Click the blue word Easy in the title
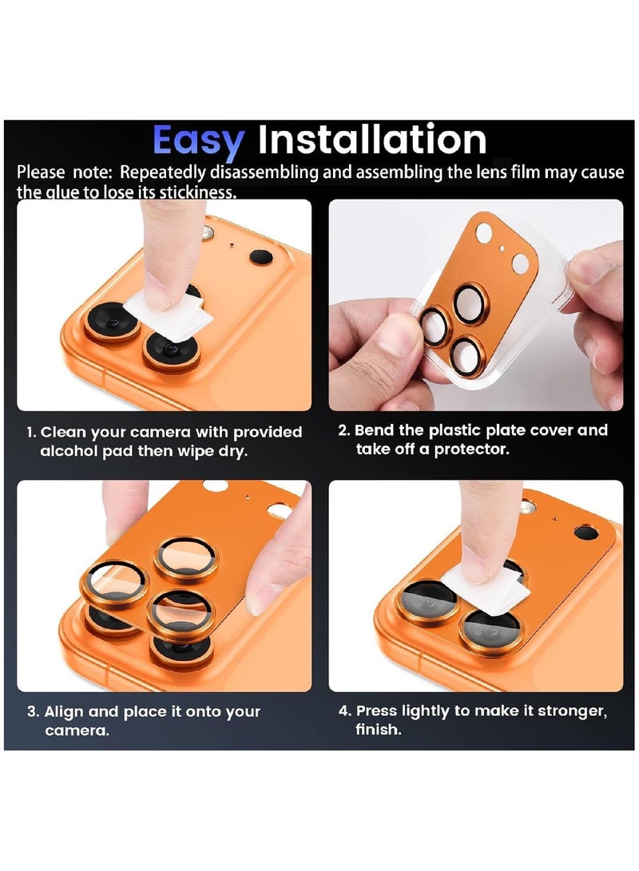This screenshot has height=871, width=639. pyautogui.click(x=197, y=142)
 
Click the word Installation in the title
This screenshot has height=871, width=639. pyautogui.click(x=371, y=141)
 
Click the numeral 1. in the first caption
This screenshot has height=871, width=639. pyautogui.click(x=31, y=433)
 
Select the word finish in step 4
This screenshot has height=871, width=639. pyautogui.click(x=376, y=730)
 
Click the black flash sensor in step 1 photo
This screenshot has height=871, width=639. pyautogui.click(x=260, y=257)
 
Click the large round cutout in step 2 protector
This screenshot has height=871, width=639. pyautogui.click(x=484, y=233)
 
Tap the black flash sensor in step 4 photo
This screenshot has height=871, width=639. pyautogui.click(x=585, y=531)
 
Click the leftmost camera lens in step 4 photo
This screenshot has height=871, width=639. pyautogui.click(x=427, y=600)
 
